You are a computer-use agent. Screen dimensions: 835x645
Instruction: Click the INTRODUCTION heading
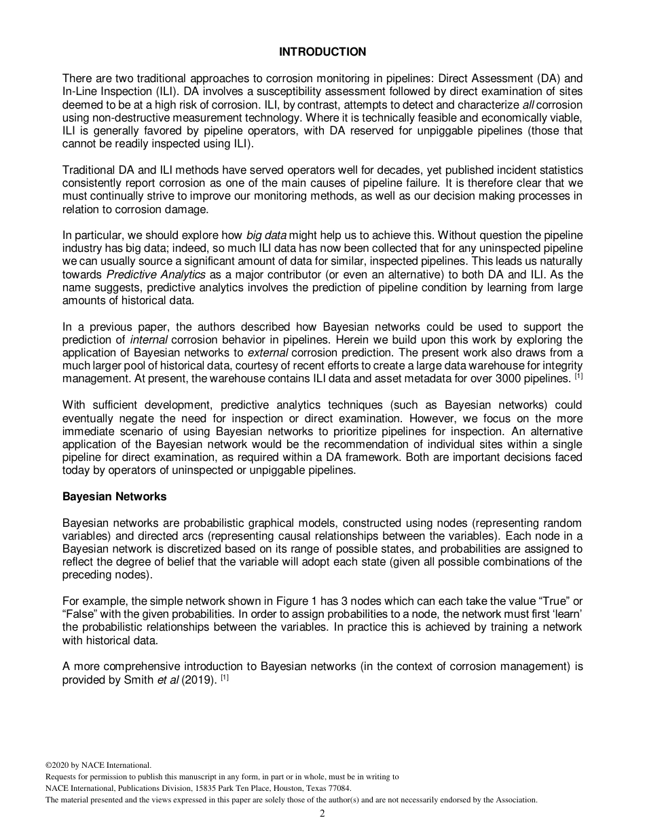tap(322, 52)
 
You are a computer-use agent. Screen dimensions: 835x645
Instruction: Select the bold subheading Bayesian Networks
tap(114, 496)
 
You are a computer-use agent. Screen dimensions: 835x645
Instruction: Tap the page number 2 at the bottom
tap(322, 814)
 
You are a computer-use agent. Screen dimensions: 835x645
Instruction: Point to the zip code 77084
tap(337, 788)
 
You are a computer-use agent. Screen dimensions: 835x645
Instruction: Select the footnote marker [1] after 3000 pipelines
tap(578, 375)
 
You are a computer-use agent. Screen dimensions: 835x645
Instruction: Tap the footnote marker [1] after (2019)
tap(224, 677)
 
